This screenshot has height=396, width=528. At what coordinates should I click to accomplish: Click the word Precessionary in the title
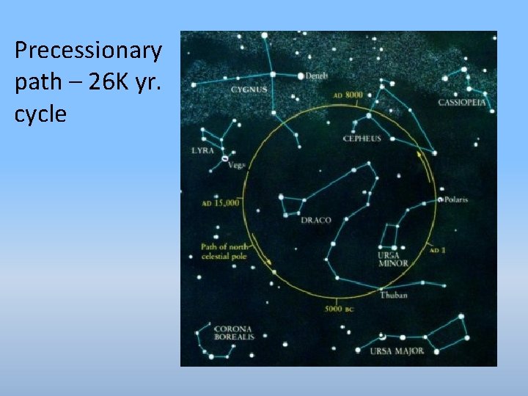tap(88, 51)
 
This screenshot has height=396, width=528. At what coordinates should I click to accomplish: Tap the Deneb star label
tap(317, 76)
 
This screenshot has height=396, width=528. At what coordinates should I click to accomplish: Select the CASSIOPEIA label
tap(462, 103)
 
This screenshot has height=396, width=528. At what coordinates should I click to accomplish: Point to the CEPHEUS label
tap(363, 139)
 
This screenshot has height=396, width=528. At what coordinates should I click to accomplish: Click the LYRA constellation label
tap(203, 150)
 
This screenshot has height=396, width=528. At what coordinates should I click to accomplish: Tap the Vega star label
tap(235, 165)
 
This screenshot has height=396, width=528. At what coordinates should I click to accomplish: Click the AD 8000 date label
tap(348, 95)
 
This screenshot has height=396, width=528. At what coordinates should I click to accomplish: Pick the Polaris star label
tap(455, 199)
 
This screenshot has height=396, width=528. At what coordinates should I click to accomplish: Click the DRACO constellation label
tap(315, 220)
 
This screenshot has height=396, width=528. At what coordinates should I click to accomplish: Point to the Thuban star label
tap(394, 295)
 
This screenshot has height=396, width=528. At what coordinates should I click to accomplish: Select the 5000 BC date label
tap(340, 309)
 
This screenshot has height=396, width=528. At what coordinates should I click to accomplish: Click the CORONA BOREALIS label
tap(234, 333)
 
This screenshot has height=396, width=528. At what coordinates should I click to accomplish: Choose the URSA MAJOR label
tap(397, 351)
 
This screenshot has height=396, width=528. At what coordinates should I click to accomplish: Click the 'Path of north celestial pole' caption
tap(224, 252)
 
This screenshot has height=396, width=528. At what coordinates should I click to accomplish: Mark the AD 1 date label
tap(438, 250)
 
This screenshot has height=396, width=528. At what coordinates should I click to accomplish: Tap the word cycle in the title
tap(40, 114)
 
